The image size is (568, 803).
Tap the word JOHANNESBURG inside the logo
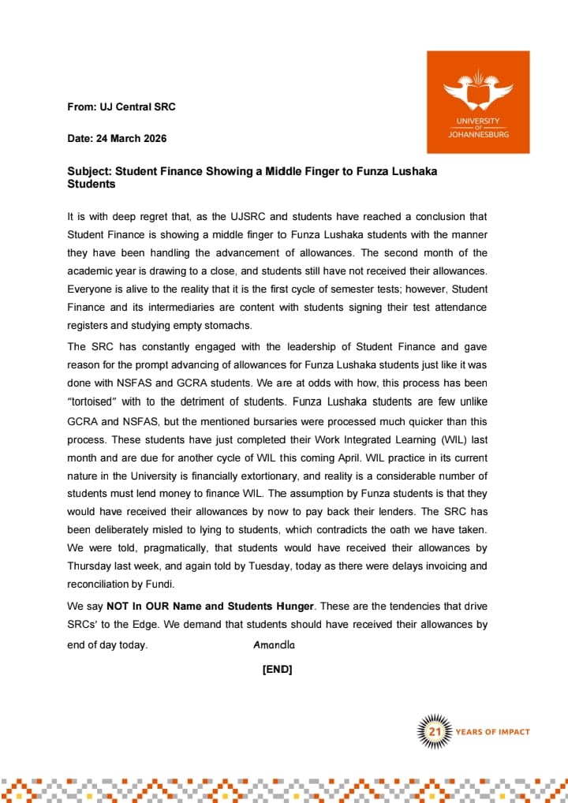pos(478,135)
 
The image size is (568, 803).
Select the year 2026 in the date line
pos(151,138)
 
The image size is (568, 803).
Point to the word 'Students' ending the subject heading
pos(91,185)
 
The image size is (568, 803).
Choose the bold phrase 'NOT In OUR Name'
pos(144,606)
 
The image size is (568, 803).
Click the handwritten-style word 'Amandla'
pos(274,645)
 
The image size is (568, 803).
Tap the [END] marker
pos(277,670)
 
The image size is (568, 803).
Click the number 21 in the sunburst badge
pos(434,732)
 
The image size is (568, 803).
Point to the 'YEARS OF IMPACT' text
pos(492,732)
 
